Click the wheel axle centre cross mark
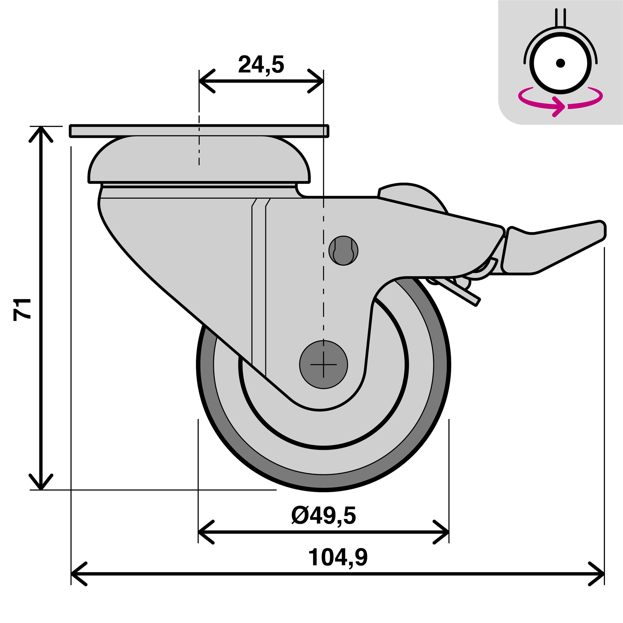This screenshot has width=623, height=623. click(x=323, y=365)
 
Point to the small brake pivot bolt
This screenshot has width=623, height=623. click(x=343, y=251)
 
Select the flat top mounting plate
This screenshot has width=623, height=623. click(x=199, y=131)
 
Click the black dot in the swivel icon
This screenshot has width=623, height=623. click(x=560, y=63)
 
